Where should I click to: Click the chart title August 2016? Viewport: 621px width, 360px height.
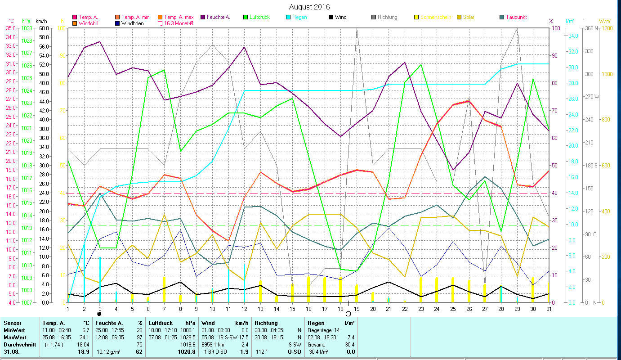coord(309,7)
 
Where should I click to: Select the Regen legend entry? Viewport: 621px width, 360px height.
coord(300,17)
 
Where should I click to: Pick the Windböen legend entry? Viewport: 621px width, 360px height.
coord(132,23)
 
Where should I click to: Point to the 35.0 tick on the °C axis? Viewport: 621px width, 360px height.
coord(10,28)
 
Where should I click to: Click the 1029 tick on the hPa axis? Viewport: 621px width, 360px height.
coord(27,28)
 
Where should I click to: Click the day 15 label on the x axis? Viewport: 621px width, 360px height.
coord(293,308)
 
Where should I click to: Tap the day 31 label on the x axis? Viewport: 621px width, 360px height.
coord(549,308)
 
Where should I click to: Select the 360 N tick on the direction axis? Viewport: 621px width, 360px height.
coord(592,28)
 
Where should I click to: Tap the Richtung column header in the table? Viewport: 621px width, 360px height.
coord(266,323)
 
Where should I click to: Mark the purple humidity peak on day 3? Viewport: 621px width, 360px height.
coord(100,41)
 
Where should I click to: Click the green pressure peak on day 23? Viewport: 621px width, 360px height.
coord(421,65)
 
